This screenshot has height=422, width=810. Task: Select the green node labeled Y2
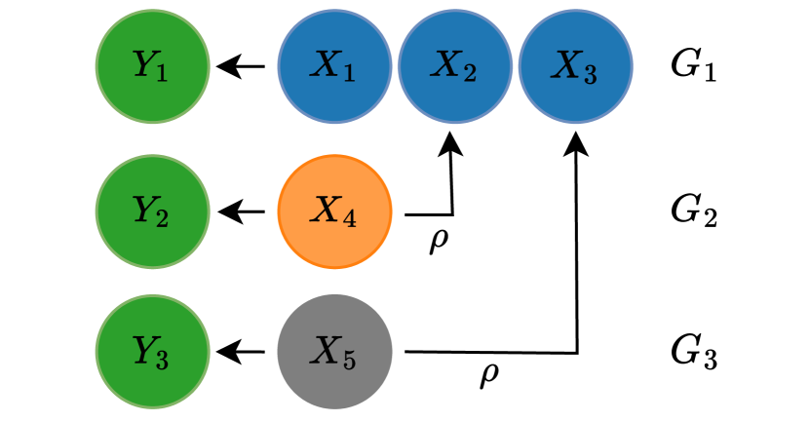[152, 211]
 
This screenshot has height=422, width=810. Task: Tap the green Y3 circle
[152, 351]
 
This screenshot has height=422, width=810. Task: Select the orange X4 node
[334, 211]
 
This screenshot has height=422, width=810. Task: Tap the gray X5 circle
[334, 351]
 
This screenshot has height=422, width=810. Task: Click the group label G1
[694, 68]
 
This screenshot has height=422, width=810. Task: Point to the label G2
[694, 211]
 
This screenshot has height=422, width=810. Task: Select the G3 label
[694, 352]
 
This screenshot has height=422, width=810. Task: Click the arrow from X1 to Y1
[242, 67]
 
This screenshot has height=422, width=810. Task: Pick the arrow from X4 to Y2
[242, 211]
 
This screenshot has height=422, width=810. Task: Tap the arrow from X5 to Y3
[242, 351]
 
